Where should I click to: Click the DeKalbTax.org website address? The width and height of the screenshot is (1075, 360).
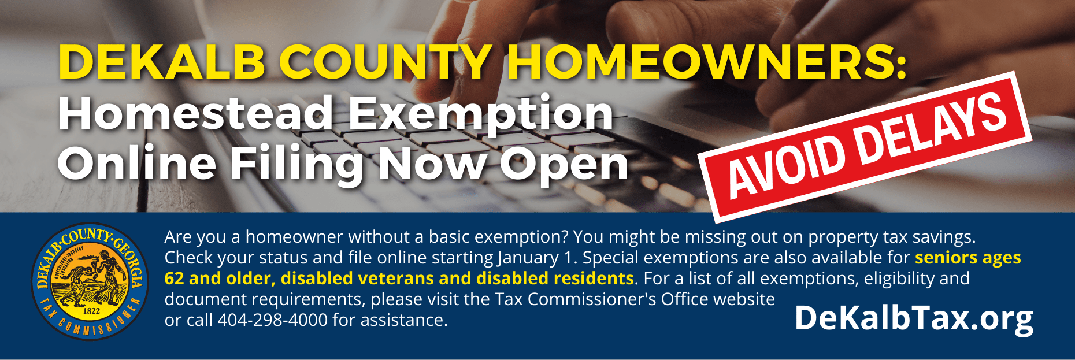click(x=914, y=318)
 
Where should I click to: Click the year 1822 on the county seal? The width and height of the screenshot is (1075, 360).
click(x=91, y=311)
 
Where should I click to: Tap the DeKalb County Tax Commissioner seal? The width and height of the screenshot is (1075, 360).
click(x=90, y=281)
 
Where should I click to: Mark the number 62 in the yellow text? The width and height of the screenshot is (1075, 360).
click(x=174, y=279)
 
